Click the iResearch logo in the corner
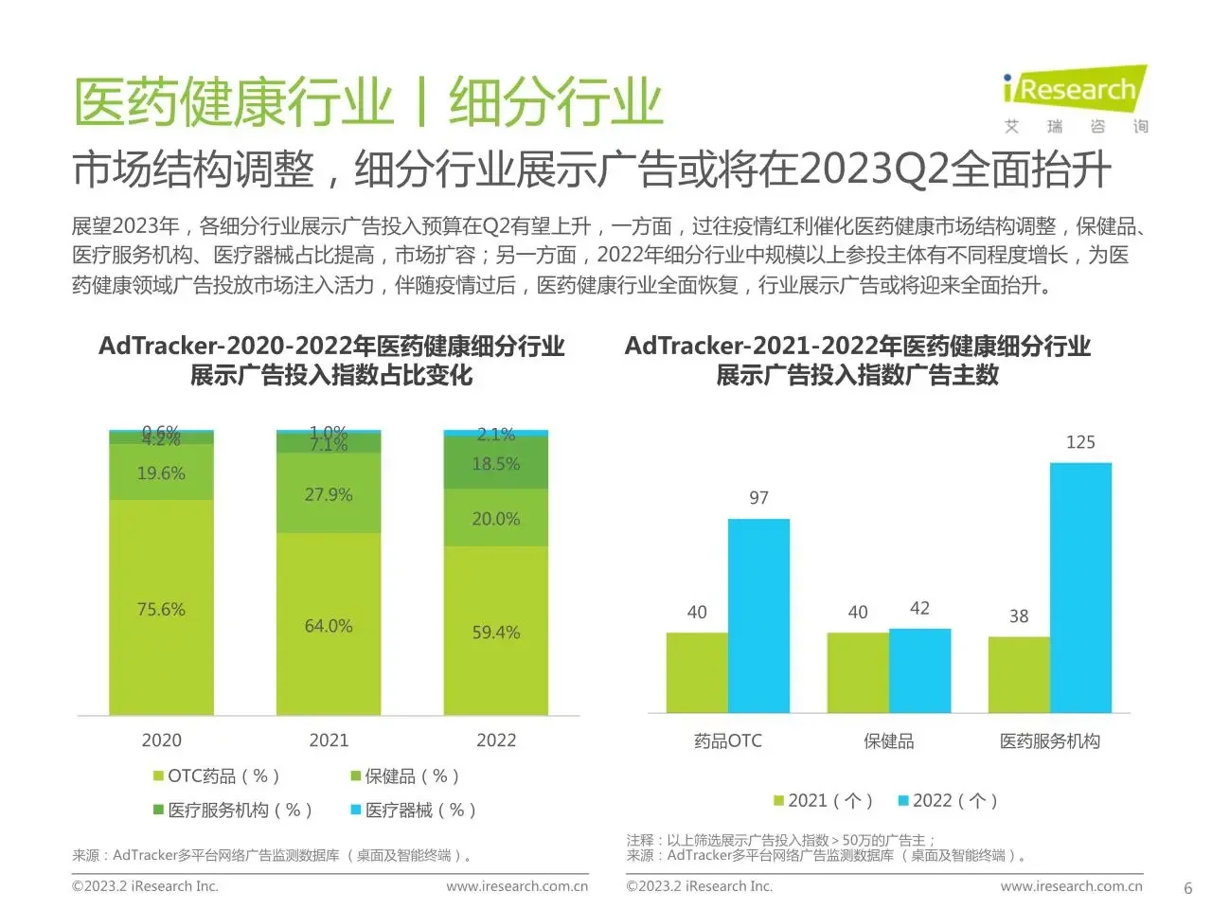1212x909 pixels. [x=1076, y=98]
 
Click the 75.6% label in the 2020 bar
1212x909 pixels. [x=161, y=609]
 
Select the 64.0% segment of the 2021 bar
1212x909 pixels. [x=329, y=626]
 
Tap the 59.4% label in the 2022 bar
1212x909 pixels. [x=496, y=632]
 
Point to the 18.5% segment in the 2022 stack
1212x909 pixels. [x=496, y=464]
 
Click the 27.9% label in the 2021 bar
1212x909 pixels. [x=329, y=494]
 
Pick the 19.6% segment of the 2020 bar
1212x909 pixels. [x=161, y=473]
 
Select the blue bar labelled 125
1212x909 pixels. [x=1080, y=587]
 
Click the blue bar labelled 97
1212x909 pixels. [x=758, y=615]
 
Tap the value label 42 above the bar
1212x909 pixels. [x=919, y=608]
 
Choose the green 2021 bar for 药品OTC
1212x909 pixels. [x=697, y=672]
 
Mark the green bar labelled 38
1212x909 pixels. [x=1019, y=674]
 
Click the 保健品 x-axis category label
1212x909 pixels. [x=889, y=741]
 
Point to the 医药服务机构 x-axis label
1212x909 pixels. [x=1050, y=741]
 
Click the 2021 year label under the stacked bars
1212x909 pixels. [x=329, y=740]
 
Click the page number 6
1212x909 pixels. [x=1188, y=888]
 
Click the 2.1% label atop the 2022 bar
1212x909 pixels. [x=496, y=435]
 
